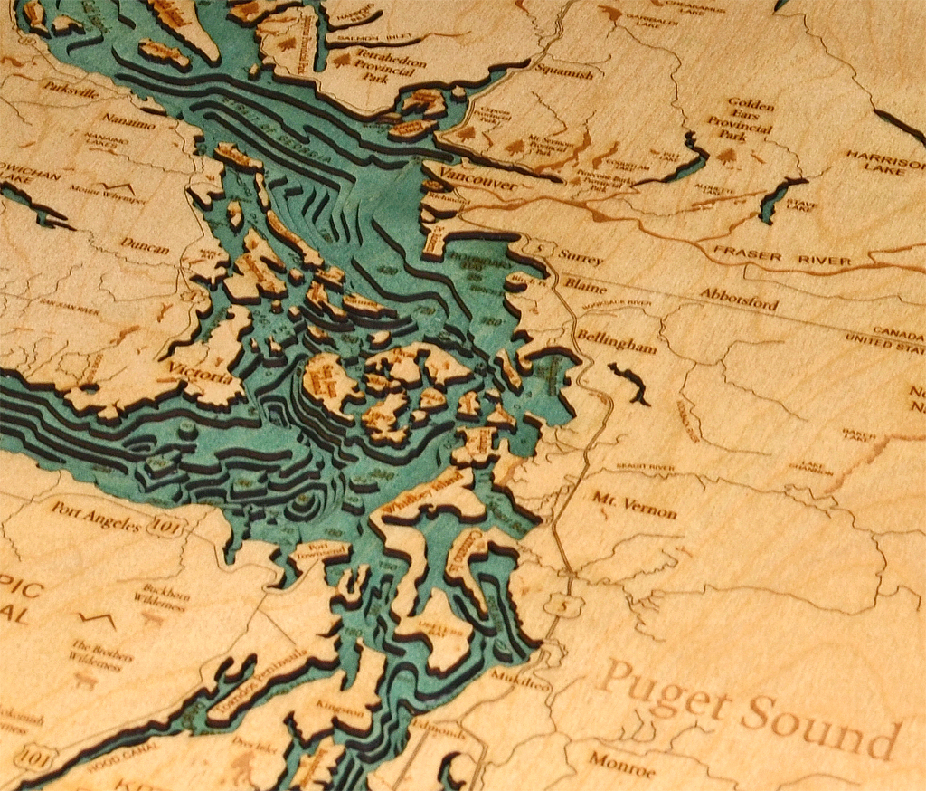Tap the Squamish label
click(563, 73)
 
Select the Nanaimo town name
click(127, 119)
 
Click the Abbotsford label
click(737, 298)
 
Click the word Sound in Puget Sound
click(821, 721)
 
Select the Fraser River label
click(782, 256)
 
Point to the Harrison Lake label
click(886, 160)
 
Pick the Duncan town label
click(144, 246)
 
